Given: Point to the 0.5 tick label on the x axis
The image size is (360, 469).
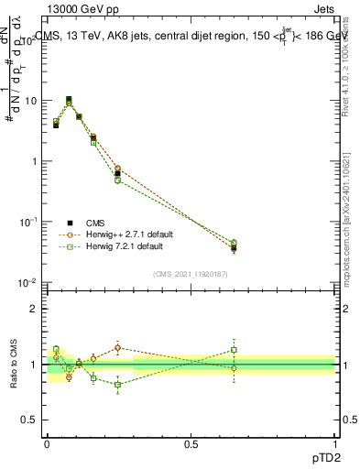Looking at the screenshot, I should pyautogui.click(x=191, y=442).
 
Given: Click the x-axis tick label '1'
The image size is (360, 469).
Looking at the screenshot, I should pyautogui.click(x=335, y=442).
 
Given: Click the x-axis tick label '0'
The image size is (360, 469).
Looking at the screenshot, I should pyautogui.click(x=47, y=442).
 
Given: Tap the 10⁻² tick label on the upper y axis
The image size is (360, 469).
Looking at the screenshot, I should pyautogui.click(x=27, y=282).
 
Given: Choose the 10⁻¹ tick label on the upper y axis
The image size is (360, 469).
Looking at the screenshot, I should pyautogui.click(x=27, y=222).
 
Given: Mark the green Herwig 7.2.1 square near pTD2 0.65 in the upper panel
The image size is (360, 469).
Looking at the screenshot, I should pyautogui.click(x=234, y=243).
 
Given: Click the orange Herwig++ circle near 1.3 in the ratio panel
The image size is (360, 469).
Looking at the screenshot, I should pyautogui.click(x=117, y=348).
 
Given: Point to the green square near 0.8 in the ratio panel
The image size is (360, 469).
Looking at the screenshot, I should pyautogui.click(x=117, y=385).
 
